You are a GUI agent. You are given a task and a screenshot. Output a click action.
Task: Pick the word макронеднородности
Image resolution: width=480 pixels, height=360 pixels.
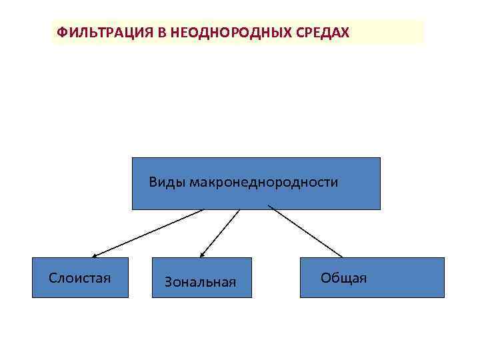(x=263, y=182)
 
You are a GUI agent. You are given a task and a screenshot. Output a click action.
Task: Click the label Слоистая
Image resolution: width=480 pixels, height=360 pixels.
(x=79, y=277)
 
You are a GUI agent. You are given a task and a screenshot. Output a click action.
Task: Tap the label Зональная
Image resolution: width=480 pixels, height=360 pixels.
(x=200, y=283)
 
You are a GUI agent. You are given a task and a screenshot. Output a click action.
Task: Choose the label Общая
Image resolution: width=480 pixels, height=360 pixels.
(x=343, y=277)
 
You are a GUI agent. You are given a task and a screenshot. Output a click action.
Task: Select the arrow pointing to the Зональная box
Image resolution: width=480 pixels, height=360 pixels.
(x=220, y=233)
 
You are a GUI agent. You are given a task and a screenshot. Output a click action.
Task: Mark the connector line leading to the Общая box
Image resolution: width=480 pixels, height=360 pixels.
(x=305, y=232)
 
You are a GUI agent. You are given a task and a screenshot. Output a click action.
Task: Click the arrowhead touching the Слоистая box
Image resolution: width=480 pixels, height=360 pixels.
(x=95, y=255)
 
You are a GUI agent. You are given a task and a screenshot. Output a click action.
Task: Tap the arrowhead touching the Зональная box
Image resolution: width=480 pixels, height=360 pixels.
(x=203, y=254)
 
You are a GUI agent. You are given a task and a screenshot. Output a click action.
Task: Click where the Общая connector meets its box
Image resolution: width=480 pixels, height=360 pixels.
(x=342, y=257)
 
